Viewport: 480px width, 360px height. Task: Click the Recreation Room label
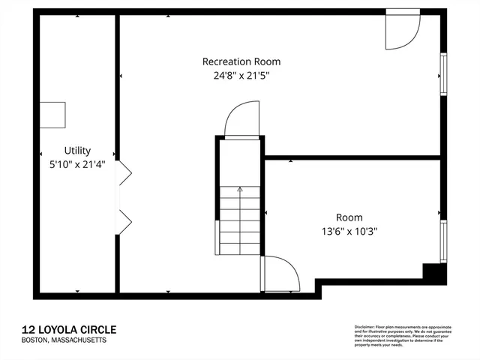(241, 61)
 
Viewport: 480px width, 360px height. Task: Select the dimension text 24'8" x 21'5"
(241, 75)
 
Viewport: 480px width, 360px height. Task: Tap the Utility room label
(77, 150)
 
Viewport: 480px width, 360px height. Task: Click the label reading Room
(349, 217)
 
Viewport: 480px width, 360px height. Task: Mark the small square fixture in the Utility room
(53, 115)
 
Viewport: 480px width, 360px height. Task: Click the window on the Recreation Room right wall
(443, 75)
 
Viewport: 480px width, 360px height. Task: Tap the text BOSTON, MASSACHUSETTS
(64, 340)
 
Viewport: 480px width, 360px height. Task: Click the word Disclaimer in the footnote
(364, 328)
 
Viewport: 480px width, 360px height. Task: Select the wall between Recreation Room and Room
(352, 158)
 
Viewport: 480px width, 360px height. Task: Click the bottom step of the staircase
(240, 250)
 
